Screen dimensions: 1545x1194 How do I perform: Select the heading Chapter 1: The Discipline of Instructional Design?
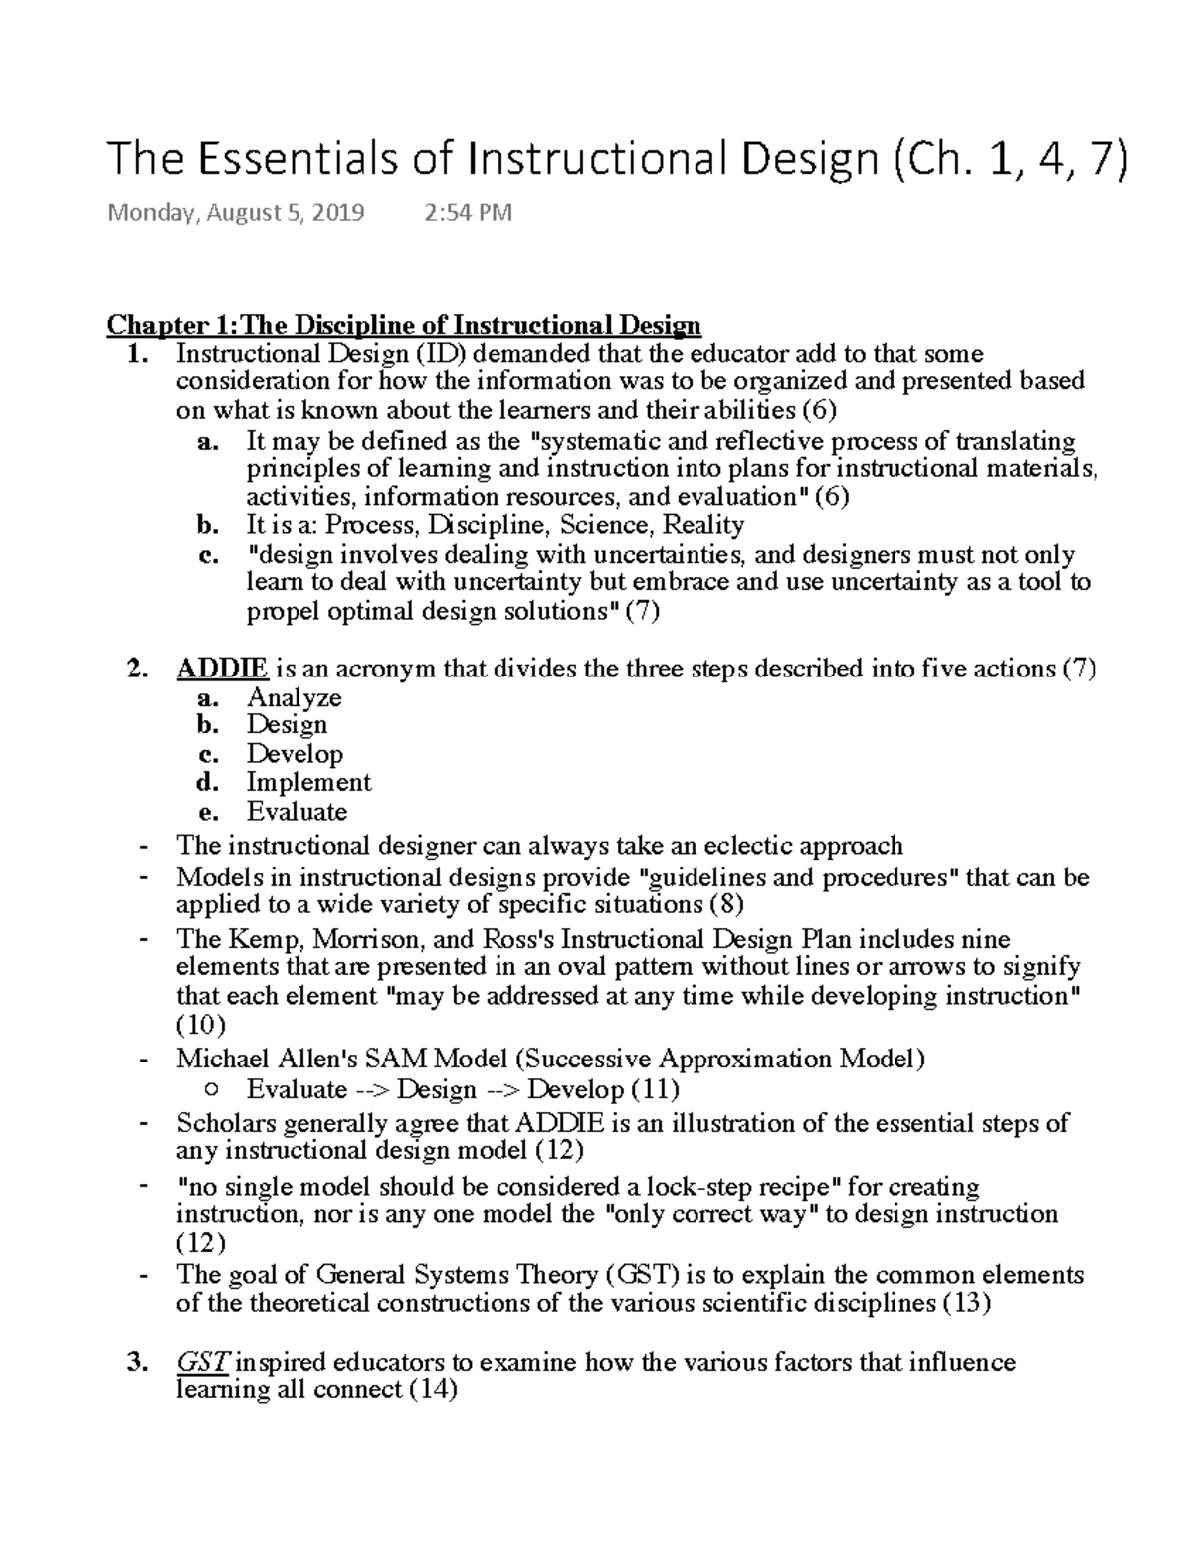tap(404, 325)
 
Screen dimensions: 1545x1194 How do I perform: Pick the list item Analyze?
tap(294, 697)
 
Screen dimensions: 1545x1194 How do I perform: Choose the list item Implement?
tap(308, 782)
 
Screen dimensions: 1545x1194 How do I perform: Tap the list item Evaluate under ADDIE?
tap(297, 811)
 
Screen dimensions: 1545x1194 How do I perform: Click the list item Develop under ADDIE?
tap(295, 754)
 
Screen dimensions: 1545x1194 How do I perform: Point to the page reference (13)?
tap(966, 1303)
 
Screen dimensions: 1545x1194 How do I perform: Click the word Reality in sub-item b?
tap(703, 525)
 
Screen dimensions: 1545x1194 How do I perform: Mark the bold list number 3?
tap(136, 1362)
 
